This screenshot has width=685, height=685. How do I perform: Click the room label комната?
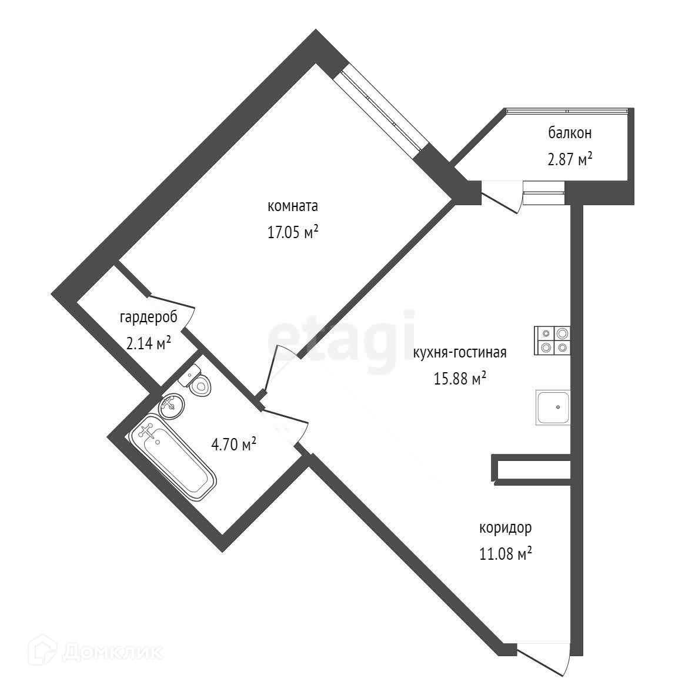[292, 206]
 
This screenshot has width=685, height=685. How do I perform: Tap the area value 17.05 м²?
[292, 233]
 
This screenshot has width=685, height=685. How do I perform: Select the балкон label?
[570, 133]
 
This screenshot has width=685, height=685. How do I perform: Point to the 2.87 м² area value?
[570, 159]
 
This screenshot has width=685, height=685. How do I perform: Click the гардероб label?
[148, 318]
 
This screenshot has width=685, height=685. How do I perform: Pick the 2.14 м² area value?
[148, 343]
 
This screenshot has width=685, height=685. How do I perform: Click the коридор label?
[506, 527]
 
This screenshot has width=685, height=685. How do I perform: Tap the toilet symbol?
[198, 380]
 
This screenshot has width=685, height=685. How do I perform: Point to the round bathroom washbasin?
[171, 406]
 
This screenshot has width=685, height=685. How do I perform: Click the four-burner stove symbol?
[552, 340]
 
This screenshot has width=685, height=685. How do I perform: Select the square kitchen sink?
[552, 407]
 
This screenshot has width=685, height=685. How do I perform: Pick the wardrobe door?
[173, 304]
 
